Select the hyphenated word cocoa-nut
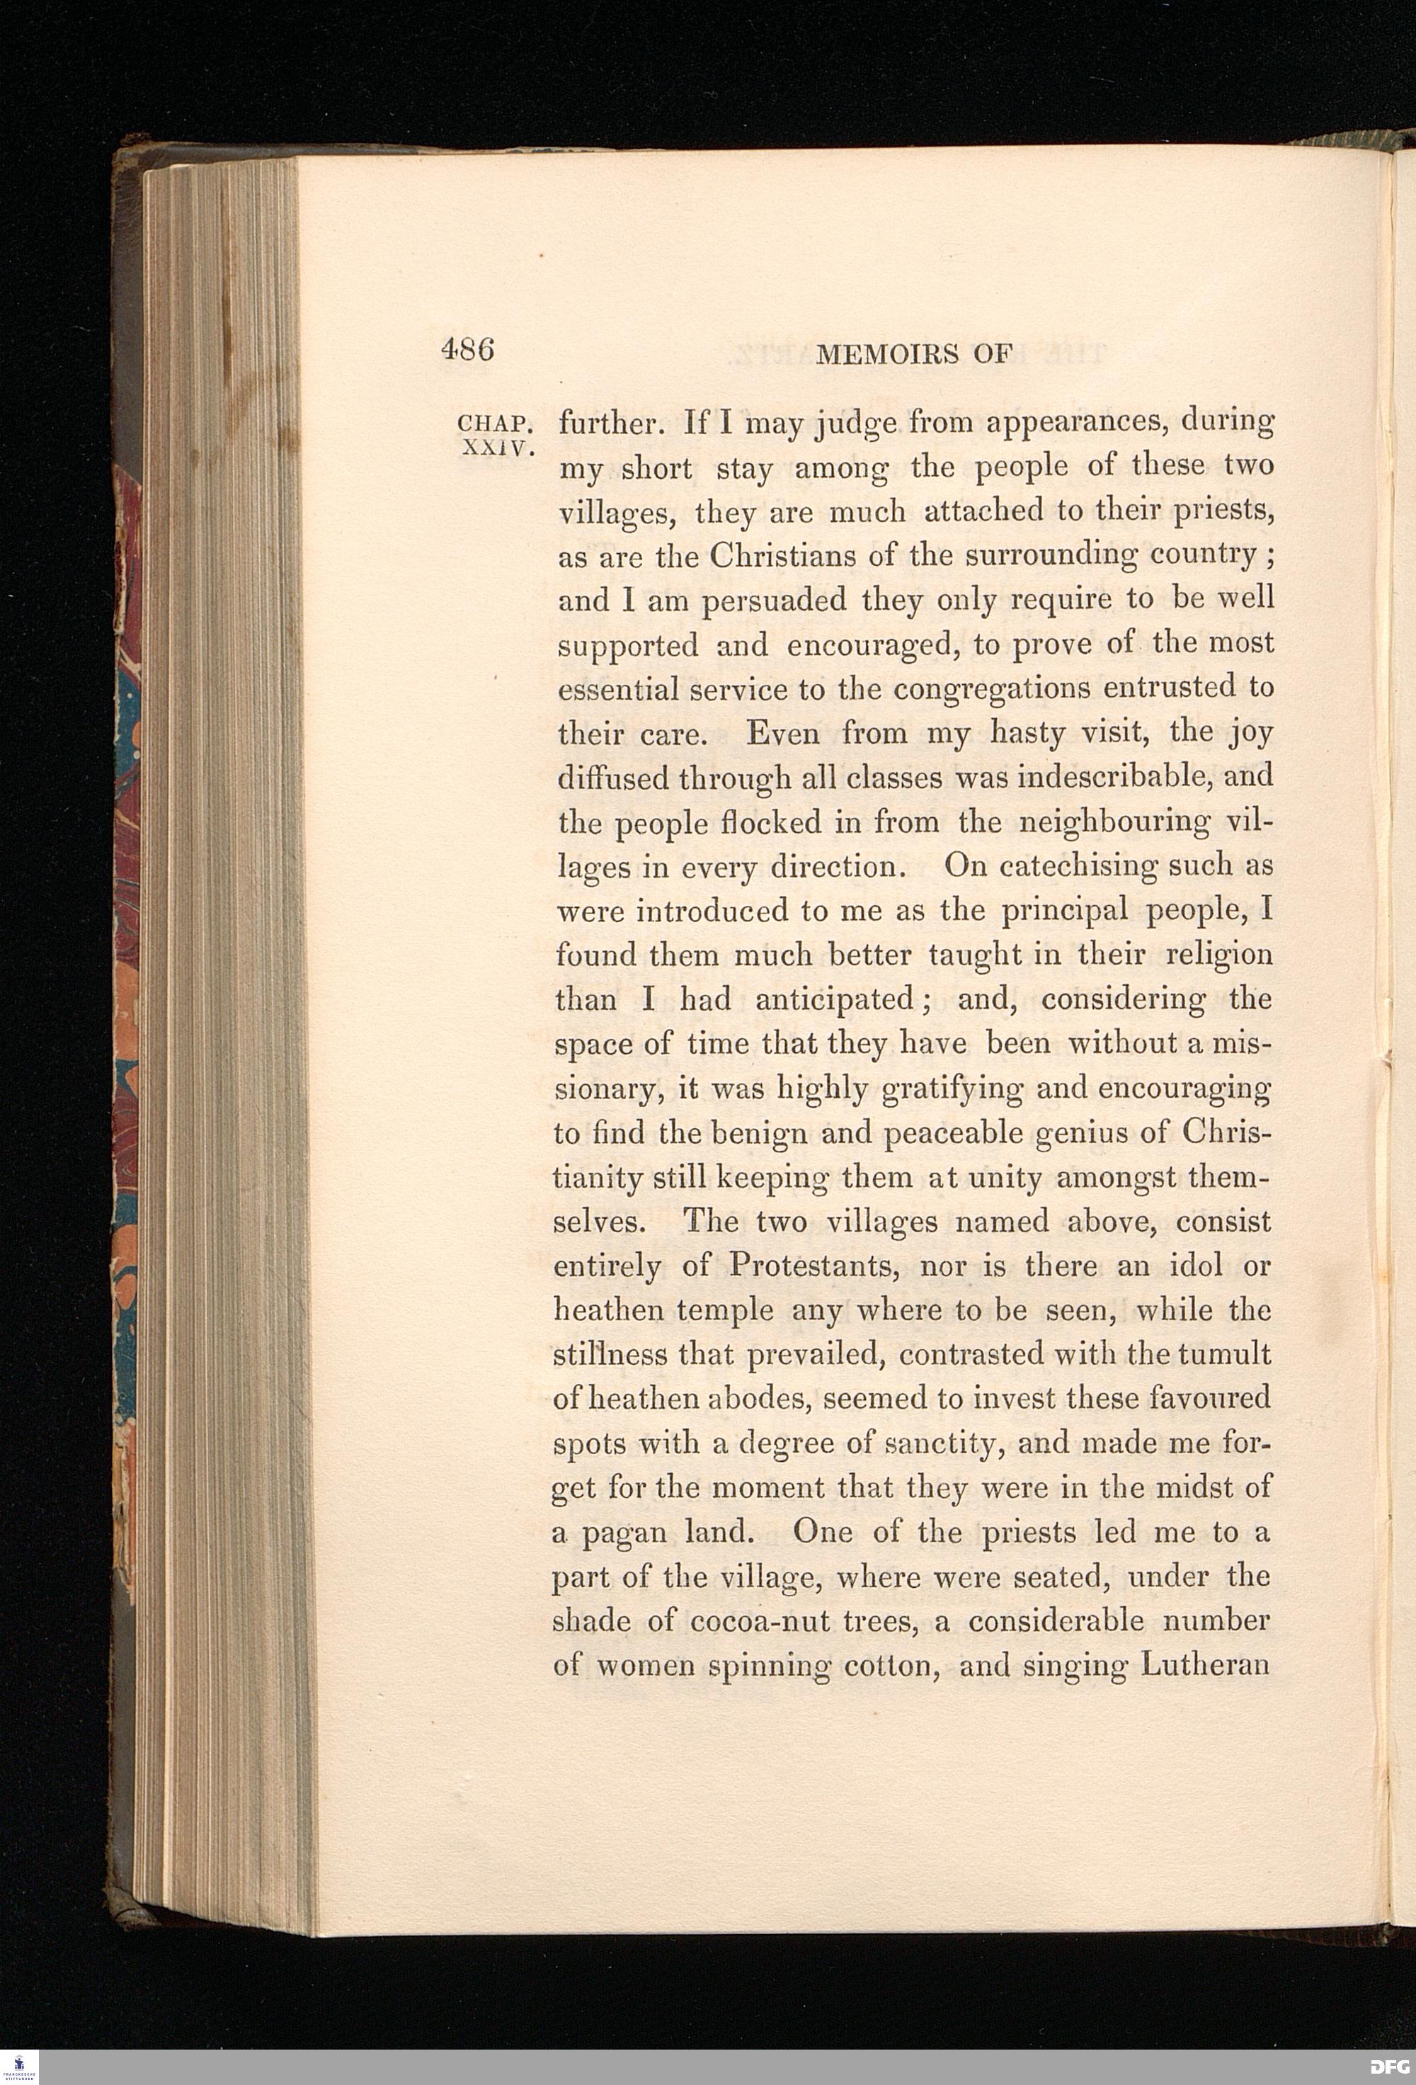tap(760, 1622)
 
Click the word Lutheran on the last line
tap(1206, 1666)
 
